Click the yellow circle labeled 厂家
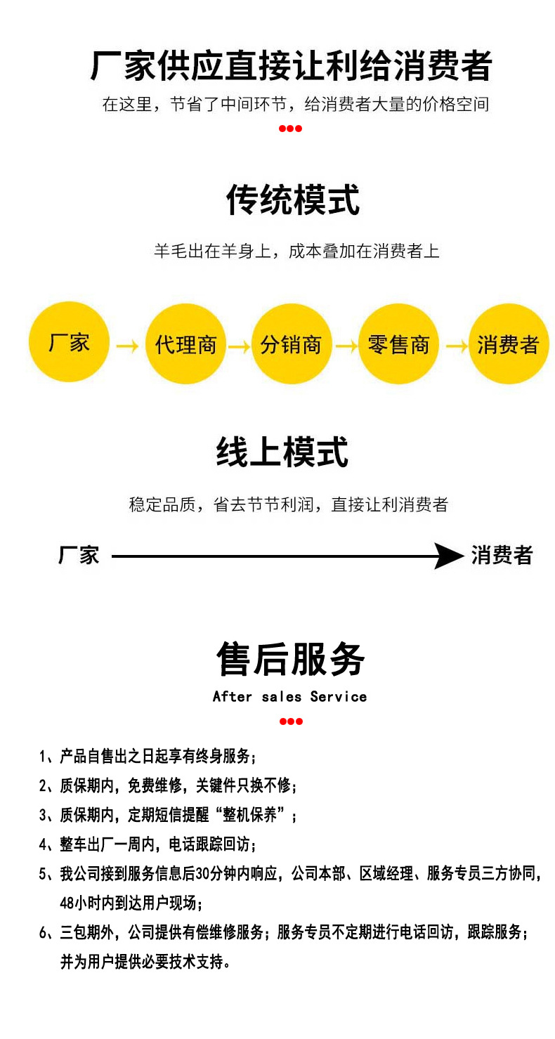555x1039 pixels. [x=69, y=343]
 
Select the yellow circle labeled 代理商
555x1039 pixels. [x=185, y=344]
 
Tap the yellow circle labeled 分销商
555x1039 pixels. [x=291, y=344]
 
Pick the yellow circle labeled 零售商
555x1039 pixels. [x=398, y=344]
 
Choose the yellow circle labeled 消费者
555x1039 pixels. [x=508, y=344]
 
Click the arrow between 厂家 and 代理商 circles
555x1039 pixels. [x=127, y=346]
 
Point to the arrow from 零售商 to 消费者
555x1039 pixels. [x=455, y=346]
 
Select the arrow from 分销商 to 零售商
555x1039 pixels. [x=346, y=346]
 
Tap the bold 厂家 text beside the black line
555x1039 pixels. [x=79, y=555]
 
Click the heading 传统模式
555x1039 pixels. [x=292, y=200]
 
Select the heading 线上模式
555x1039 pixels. [x=282, y=452]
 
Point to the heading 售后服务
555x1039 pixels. [x=290, y=659]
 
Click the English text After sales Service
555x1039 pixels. [x=289, y=696]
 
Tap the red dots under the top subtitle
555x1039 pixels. [x=290, y=128]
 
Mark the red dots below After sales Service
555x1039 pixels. [x=290, y=721]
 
